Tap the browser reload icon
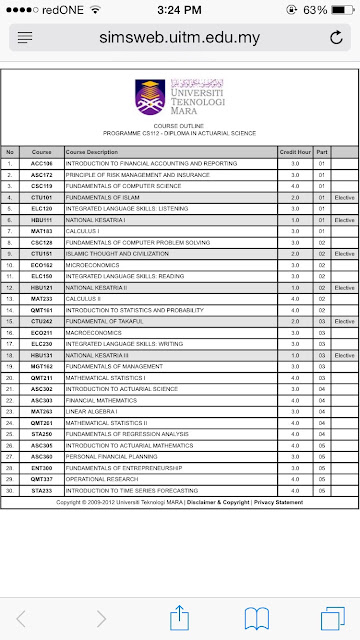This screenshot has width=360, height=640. tap(342, 36)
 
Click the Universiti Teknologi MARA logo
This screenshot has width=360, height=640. tap(180, 96)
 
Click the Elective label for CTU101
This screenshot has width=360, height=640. tap(345, 198)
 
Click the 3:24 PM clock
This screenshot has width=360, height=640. tap(179, 9)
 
